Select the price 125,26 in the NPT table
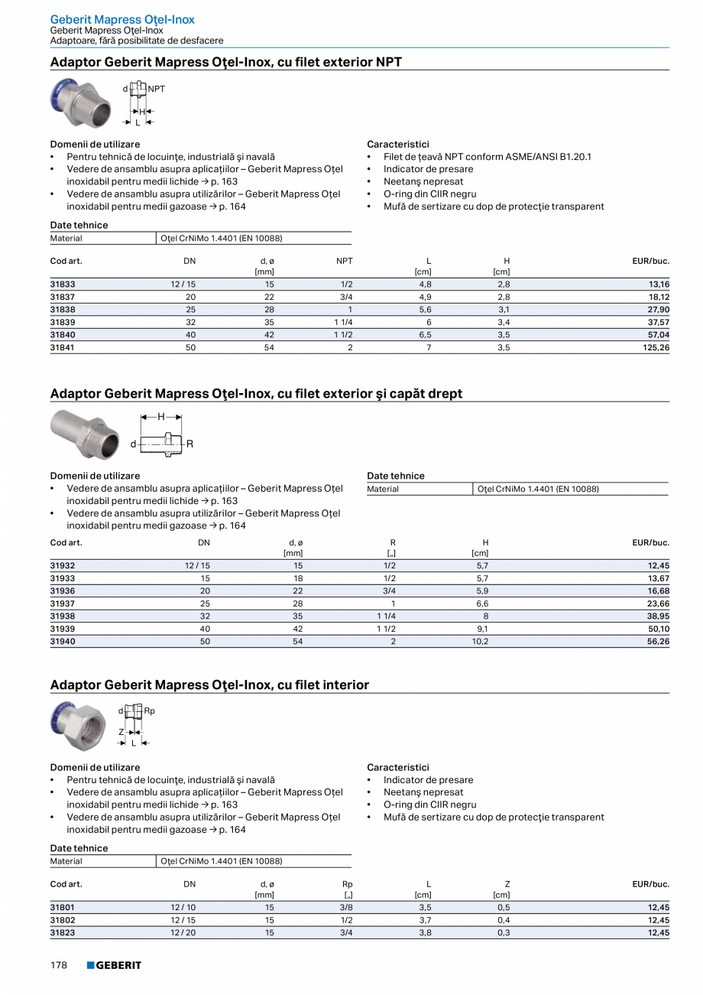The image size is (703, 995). coord(655,347)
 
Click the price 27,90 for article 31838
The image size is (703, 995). coord(658,309)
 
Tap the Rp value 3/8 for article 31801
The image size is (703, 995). coord(347,908)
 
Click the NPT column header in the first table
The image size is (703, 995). coord(345,261)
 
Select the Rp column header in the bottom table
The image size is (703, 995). coord(347,884)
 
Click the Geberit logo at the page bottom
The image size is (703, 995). coord(114,966)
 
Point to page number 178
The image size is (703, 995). coord(59,966)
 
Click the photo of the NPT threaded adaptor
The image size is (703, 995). coord(80,102)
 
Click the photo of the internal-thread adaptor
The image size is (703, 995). coord(78,726)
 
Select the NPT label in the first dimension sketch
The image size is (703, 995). coord(157,89)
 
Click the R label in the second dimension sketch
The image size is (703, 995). coord(190,444)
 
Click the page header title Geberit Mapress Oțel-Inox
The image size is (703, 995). coord(122,19)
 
